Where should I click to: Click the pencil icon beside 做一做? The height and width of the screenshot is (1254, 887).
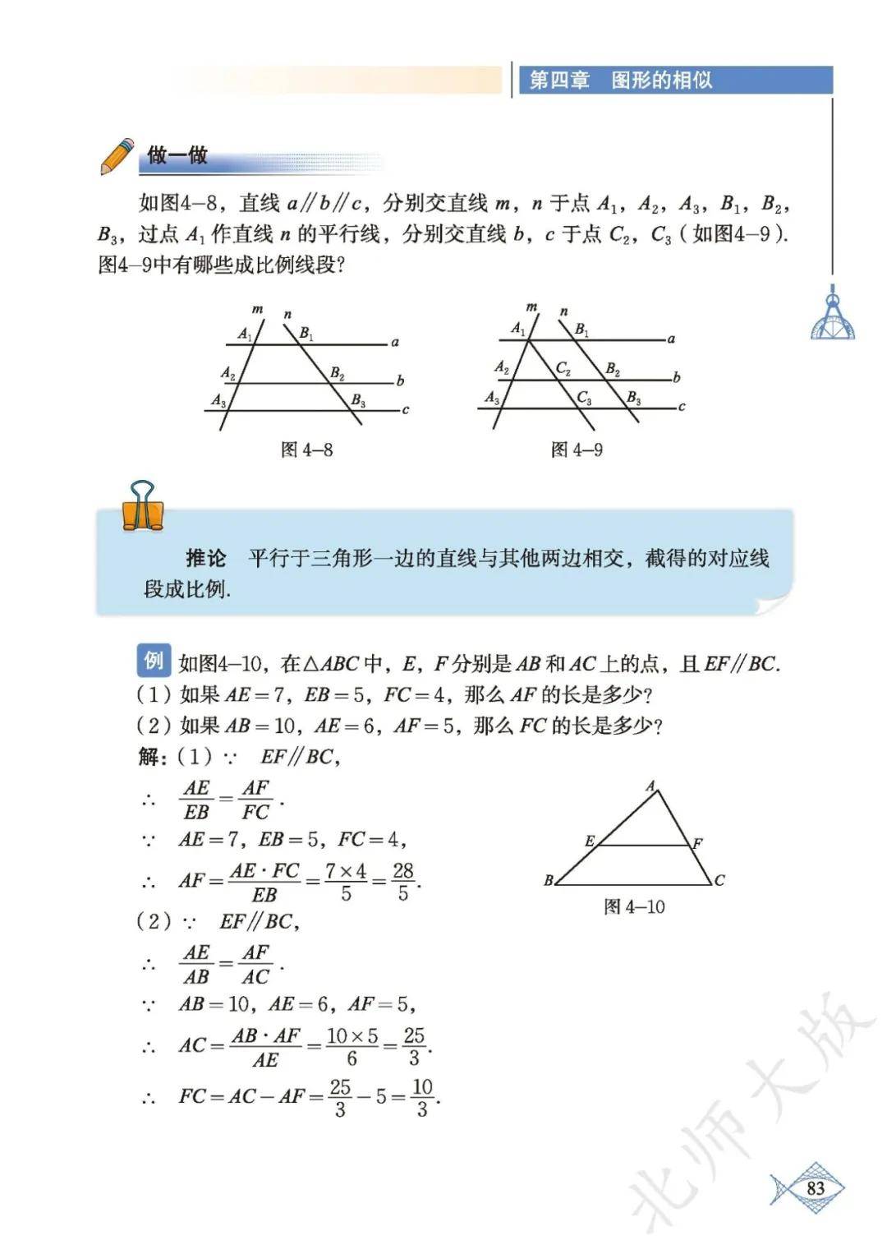[x=117, y=156]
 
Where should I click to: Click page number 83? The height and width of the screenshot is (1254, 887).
[x=815, y=1188]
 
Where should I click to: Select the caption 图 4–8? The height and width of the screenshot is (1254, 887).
[x=306, y=450]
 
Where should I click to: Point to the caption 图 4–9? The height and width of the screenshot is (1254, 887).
[x=577, y=450]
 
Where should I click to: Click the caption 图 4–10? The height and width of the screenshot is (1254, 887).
[x=634, y=906]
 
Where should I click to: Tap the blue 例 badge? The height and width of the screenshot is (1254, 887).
[x=154, y=660]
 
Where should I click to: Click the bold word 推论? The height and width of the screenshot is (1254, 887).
[x=205, y=559]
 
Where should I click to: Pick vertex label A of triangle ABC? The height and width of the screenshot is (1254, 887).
[x=650, y=786]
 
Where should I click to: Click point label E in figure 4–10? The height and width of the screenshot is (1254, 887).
[x=589, y=841]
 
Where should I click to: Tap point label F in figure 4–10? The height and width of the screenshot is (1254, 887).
[x=697, y=843]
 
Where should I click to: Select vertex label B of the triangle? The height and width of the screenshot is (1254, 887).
[x=549, y=880]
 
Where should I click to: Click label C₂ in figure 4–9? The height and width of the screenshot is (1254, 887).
[x=563, y=368]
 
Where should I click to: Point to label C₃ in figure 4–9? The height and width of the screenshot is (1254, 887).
[x=584, y=398]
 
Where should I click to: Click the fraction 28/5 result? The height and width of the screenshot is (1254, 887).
[x=402, y=882]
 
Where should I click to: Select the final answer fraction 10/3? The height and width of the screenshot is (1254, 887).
[x=422, y=1097]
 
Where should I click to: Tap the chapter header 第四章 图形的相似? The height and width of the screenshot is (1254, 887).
[x=621, y=81]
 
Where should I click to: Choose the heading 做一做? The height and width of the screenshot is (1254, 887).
[x=177, y=155]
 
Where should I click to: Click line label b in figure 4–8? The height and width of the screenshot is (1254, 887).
[x=400, y=380]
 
